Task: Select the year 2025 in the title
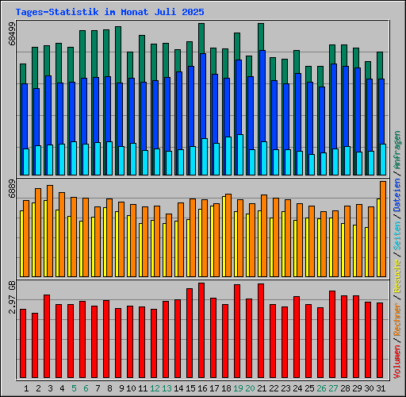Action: pyautogui.click(x=193, y=13)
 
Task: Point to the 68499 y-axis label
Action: pyautogui.click(x=11, y=38)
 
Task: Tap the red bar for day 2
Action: pyautogui.click(x=35, y=346)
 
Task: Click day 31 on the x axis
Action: pyautogui.click(x=381, y=388)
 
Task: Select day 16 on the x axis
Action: pyautogui.click(x=202, y=388)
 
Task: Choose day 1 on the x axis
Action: pyautogui.click(x=26, y=388)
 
